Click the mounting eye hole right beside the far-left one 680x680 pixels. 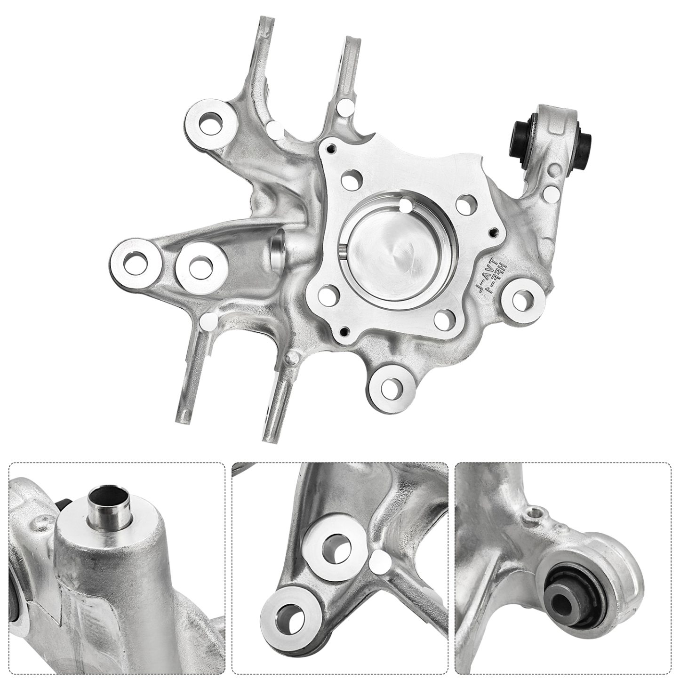199,265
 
